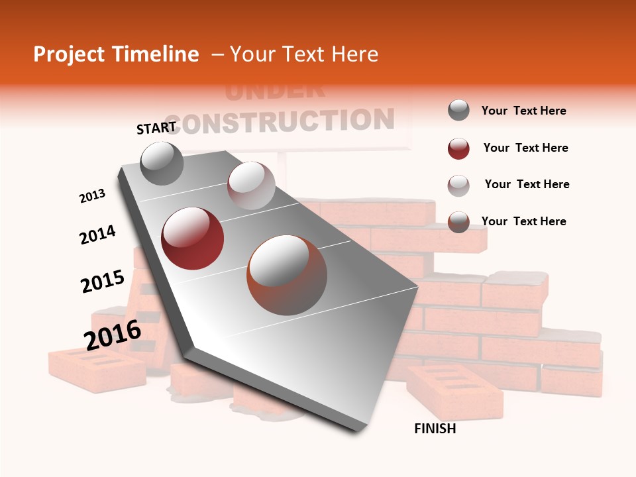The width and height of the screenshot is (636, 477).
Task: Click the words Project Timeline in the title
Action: pos(116,54)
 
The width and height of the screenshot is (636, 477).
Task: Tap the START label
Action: pos(156,128)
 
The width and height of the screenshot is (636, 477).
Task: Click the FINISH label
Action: pos(435,429)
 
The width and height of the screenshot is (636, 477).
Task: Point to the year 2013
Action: pos(92,196)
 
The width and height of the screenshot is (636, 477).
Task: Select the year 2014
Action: pos(97,235)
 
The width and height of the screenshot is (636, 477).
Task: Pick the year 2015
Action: pos(102,281)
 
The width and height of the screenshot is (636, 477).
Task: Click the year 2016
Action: pos(112,335)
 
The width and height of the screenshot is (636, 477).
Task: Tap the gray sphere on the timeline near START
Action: pos(162,164)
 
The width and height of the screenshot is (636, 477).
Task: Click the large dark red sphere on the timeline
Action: pos(193,238)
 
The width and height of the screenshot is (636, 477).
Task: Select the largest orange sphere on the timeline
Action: pos(287,276)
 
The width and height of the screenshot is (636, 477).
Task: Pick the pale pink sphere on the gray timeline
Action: pos(251,185)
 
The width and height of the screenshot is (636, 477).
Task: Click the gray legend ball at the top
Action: pos(458,110)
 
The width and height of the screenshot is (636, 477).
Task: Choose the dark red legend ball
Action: pos(458,148)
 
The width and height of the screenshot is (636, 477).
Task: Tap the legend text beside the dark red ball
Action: pos(525,148)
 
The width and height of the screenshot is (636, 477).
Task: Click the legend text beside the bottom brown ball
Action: pos(523,221)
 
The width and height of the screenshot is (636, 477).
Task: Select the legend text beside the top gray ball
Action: pos(523,111)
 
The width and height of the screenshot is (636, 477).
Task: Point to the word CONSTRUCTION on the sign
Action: pos(287,121)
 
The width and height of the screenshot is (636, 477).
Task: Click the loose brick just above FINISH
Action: pos(454,392)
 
